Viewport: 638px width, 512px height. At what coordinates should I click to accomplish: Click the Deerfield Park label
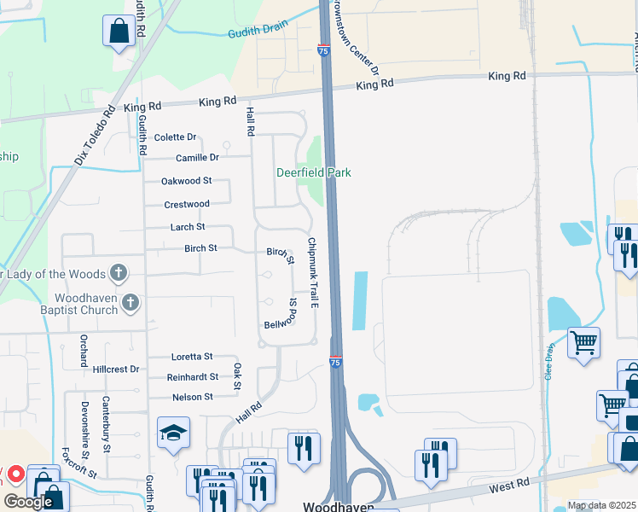tap(314, 172)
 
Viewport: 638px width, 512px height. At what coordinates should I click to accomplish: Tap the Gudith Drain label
tap(258, 32)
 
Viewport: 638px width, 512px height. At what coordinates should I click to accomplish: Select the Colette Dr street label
tap(176, 137)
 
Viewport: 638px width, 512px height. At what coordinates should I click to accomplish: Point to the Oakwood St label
tap(186, 181)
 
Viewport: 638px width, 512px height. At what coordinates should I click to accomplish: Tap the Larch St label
tap(188, 227)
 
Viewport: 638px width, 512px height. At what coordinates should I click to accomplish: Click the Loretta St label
tap(191, 357)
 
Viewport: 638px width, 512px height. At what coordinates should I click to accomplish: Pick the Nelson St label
tap(192, 397)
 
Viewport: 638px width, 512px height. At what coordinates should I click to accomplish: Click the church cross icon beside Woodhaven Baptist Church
tap(130, 301)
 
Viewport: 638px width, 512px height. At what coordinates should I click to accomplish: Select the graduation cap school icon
tap(173, 433)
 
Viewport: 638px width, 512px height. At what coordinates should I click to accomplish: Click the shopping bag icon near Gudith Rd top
tap(119, 31)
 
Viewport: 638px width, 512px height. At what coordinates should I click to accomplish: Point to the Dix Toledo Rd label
tap(94, 135)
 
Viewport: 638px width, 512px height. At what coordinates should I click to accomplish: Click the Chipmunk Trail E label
tap(313, 272)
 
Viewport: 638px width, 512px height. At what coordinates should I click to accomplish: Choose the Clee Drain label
tap(548, 366)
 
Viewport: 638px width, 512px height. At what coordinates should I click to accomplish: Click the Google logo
tap(28, 502)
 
